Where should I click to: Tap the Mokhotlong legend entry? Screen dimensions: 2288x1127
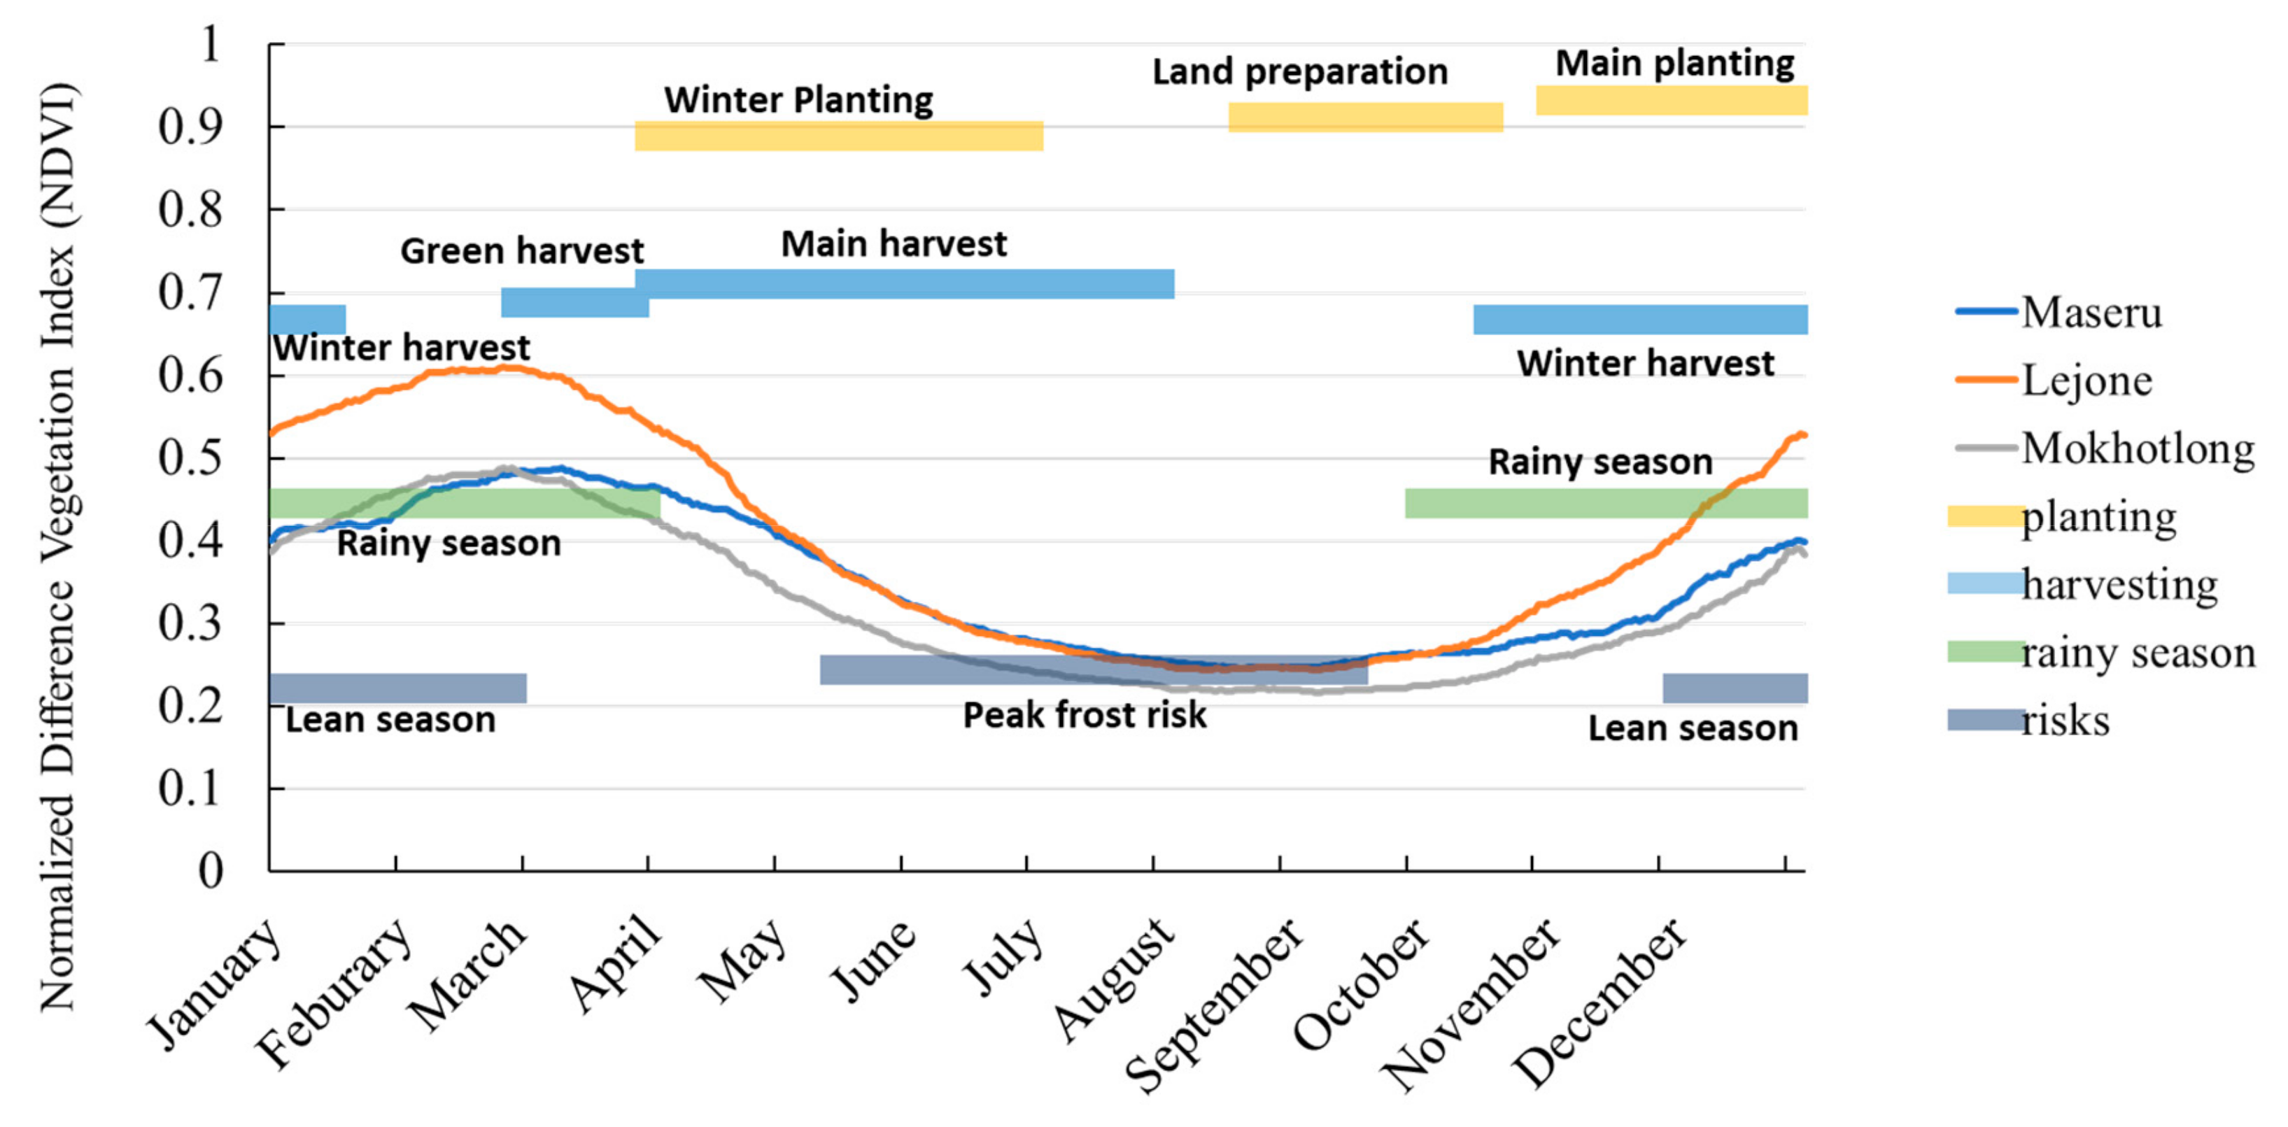[2104, 449]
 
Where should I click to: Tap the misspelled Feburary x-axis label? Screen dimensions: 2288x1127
[334, 993]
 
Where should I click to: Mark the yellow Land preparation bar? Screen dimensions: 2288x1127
[1365, 118]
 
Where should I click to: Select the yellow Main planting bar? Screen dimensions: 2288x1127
[1672, 100]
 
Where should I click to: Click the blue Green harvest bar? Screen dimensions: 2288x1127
[574, 303]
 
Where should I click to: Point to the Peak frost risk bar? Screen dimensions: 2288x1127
[1094, 669]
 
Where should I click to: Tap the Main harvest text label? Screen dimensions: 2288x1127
[894, 243]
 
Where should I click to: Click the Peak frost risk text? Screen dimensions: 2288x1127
[1085, 715]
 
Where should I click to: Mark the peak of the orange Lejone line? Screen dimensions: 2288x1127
[507, 367]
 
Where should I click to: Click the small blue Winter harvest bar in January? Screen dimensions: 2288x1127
[307, 320]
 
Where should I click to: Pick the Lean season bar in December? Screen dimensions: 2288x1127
[1735, 688]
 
